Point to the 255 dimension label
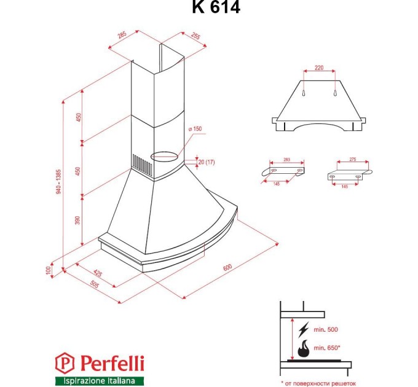click(196, 36)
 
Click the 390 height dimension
click(78, 221)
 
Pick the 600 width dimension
click(227, 268)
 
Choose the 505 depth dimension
click(94, 284)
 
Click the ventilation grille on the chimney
click(140, 164)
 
